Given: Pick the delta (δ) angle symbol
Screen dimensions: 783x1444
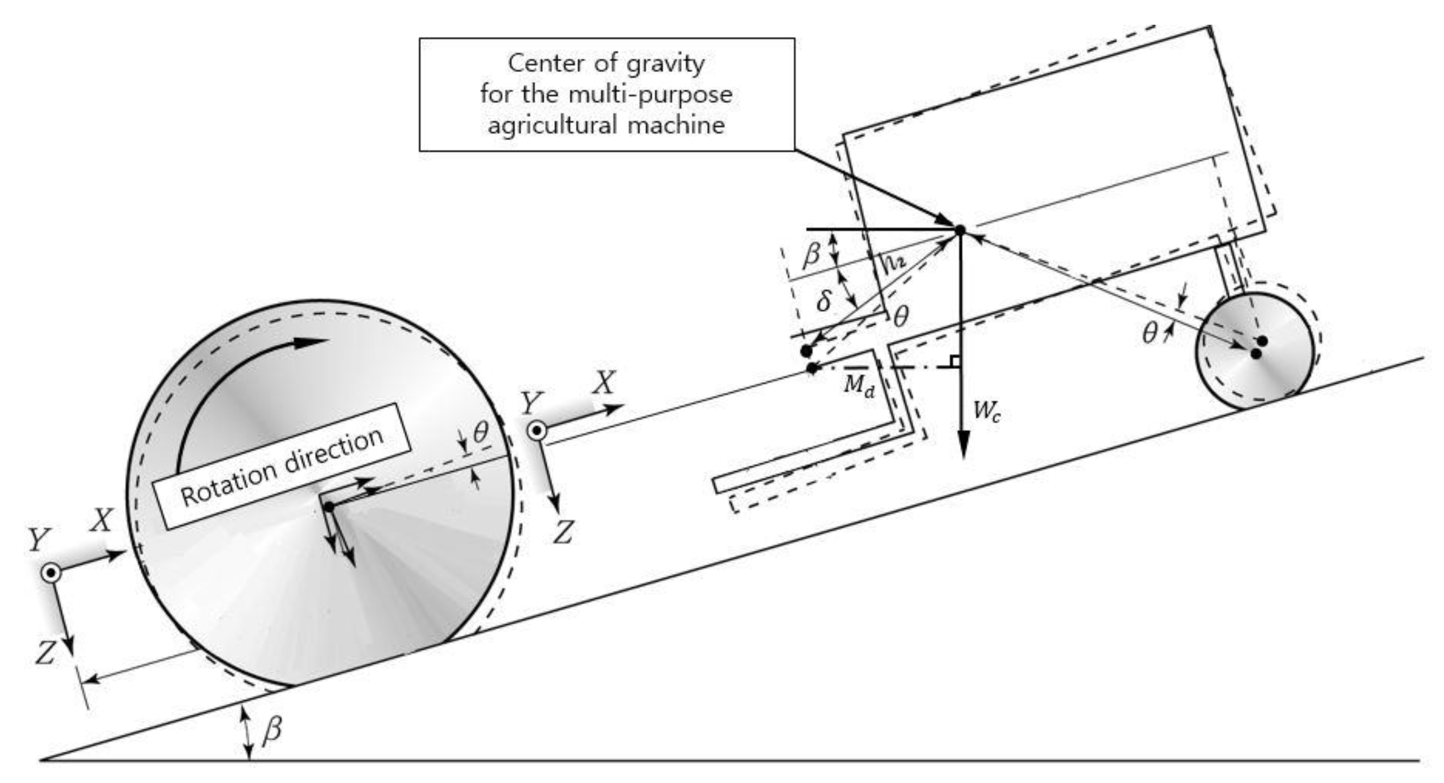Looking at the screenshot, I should click(823, 301).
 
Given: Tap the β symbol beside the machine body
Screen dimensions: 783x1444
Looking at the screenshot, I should click(812, 255).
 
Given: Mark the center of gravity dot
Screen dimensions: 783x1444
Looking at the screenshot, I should click(960, 230).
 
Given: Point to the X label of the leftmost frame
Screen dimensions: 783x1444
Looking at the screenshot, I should click(102, 520).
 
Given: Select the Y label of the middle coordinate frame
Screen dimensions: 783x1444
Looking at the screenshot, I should click(532, 403).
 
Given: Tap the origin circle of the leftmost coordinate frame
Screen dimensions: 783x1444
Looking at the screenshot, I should click(52, 573).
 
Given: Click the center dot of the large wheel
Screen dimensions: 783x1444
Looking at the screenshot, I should click(329, 507).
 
